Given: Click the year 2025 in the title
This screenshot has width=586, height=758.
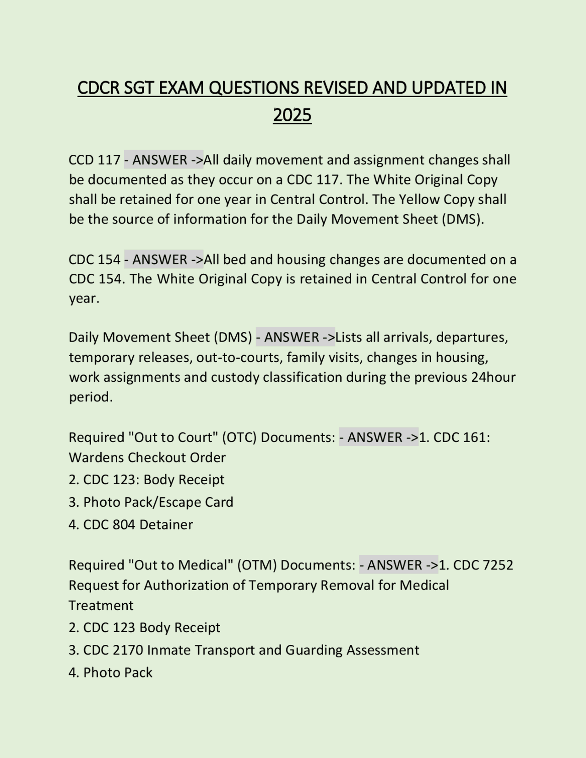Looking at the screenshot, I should click(292, 115).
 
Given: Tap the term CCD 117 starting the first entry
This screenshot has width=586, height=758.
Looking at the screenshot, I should click(94, 160).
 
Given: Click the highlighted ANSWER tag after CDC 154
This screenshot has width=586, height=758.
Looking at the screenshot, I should click(164, 260).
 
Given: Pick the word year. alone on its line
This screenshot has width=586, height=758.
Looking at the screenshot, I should click(84, 298).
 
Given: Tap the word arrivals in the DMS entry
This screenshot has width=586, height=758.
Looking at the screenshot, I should click(407, 337).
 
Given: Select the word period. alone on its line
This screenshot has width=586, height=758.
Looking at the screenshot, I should click(91, 397).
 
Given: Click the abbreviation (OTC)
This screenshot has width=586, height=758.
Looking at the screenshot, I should click(239, 438).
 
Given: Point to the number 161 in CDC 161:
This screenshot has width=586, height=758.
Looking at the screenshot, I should click(476, 438).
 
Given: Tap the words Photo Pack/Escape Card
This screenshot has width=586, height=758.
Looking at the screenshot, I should click(158, 502).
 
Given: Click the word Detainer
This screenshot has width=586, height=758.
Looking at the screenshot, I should click(166, 525).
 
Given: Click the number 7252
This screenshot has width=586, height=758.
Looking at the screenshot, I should click(498, 565).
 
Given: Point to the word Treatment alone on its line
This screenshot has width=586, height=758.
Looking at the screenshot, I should click(101, 606).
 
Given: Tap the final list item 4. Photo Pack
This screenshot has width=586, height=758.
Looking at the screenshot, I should click(111, 672).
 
